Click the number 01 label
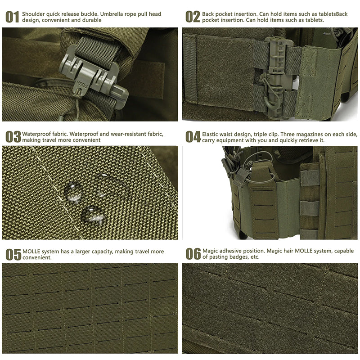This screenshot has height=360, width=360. pos(12,17)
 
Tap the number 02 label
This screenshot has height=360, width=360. pos(193,17)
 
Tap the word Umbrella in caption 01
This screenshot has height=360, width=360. pos(111,14)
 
